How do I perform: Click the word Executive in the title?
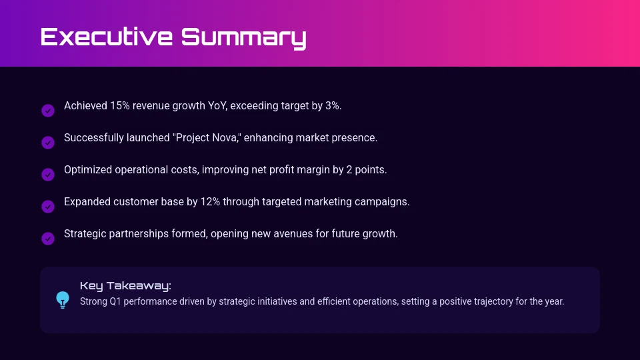coord(107,37)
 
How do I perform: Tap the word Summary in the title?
coord(244,39)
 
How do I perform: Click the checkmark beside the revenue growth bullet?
coord(48,111)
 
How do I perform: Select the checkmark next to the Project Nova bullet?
coord(48,143)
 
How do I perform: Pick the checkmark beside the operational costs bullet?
coord(48,175)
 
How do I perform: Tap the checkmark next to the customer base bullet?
coord(48,207)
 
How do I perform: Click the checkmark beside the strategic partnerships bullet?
coord(48,239)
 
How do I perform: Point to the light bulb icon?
coord(63,300)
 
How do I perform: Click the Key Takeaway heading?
coord(125,286)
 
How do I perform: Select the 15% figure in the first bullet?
coord(119,106)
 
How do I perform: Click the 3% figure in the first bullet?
coord(333,106)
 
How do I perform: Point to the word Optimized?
coord(88,170)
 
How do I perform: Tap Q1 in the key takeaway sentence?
coord(115,301)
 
